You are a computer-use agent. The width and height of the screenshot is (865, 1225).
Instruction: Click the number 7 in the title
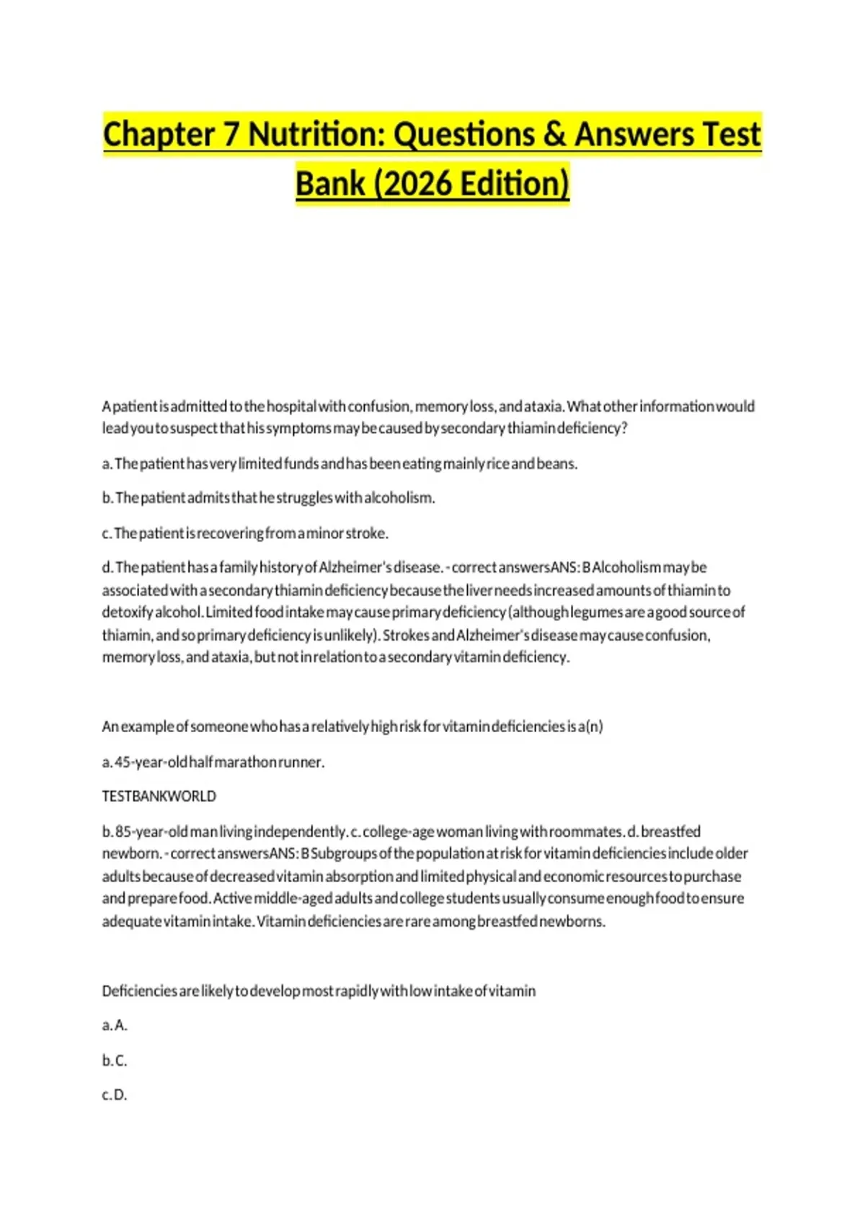231,135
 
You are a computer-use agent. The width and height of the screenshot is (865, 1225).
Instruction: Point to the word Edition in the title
513,184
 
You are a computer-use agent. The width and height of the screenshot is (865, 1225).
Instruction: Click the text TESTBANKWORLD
159,796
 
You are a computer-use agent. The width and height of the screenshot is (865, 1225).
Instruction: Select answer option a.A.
115,1025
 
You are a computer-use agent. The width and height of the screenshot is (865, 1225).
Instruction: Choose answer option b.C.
115,1061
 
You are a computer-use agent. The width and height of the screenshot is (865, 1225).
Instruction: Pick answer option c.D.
115,1095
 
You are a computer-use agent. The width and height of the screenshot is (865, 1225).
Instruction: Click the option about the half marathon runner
213,762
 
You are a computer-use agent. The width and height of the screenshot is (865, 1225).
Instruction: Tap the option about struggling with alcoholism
268,498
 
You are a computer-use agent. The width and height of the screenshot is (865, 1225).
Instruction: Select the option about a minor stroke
245,533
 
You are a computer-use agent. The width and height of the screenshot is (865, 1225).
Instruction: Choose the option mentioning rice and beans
340,463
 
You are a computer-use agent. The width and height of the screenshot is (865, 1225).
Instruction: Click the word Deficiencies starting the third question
139,992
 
